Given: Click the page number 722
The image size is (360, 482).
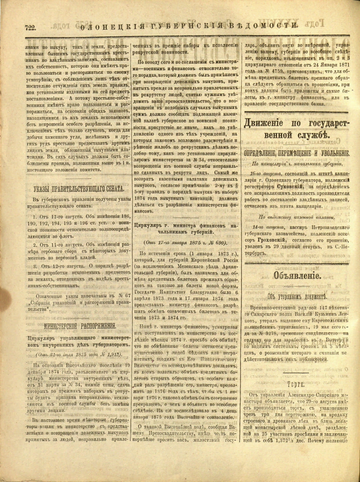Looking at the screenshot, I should click(30, 27).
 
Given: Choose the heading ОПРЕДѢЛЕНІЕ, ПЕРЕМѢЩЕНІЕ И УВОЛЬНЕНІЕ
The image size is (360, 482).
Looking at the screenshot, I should click(297, 153).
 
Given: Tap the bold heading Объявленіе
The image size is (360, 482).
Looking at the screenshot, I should click(296, 276).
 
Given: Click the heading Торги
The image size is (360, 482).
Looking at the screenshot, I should click(297, 384).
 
